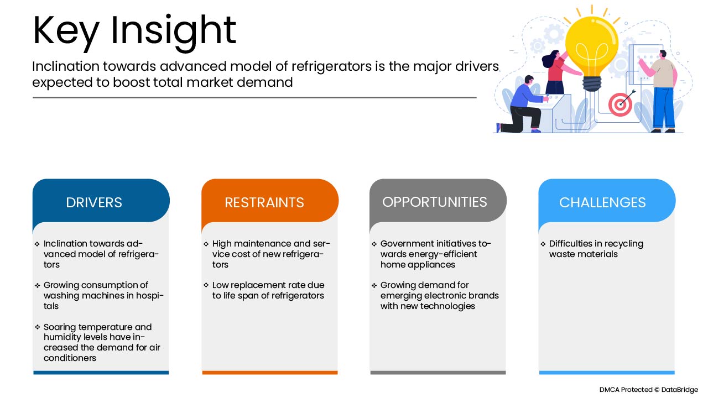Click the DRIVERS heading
click(94, 202)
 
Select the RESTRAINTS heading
click(264, 202)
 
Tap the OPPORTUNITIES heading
click(435, 202)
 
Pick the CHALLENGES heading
click(602, 202)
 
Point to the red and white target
click(620, 104)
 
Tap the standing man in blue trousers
click(660, 92)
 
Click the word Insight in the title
click(173, 31)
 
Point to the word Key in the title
click(66, 32)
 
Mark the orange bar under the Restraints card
click(270, 373)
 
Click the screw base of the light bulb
click(592, 83)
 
